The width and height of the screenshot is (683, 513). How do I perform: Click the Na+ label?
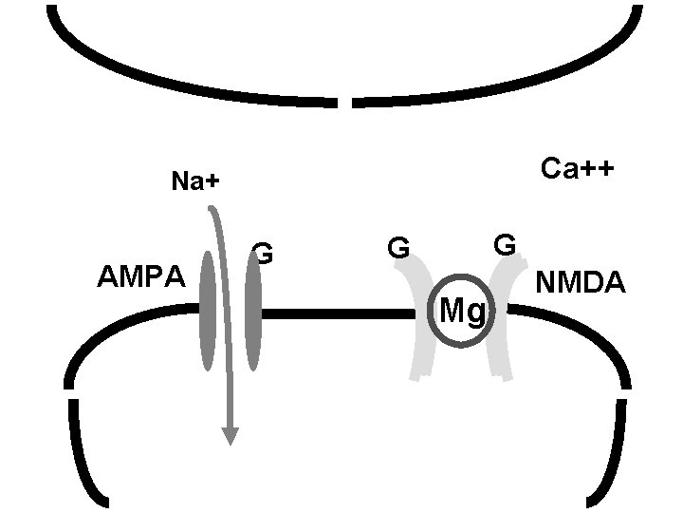194,181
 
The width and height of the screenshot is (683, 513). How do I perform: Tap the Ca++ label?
577,169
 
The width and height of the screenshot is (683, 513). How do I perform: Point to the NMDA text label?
581,283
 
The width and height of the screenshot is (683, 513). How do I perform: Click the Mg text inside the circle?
463,312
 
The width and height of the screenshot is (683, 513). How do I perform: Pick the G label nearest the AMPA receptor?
265,254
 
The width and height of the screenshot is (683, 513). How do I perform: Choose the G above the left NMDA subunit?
398,250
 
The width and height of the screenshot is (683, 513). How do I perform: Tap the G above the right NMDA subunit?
505,245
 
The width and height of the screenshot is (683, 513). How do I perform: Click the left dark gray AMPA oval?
208,311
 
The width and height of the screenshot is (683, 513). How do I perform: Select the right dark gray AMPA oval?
253,312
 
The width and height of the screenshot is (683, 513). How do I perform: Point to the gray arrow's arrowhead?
230,435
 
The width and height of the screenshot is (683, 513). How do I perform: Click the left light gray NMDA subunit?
418,323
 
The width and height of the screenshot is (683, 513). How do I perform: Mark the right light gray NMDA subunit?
500,323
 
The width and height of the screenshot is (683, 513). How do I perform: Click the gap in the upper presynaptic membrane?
345,101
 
